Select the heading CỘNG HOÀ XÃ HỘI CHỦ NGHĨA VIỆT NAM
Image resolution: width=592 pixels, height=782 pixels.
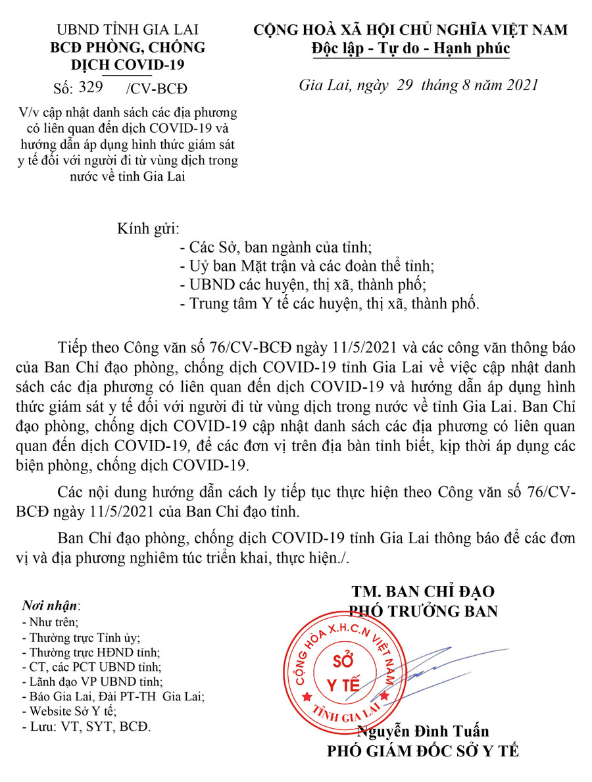tap(410, 30)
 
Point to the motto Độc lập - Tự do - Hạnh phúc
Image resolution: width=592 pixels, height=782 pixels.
tap(410, 49)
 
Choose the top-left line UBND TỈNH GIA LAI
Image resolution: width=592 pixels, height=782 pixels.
tap(128, 30)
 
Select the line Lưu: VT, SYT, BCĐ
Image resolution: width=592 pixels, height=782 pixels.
tap(86, 727)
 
